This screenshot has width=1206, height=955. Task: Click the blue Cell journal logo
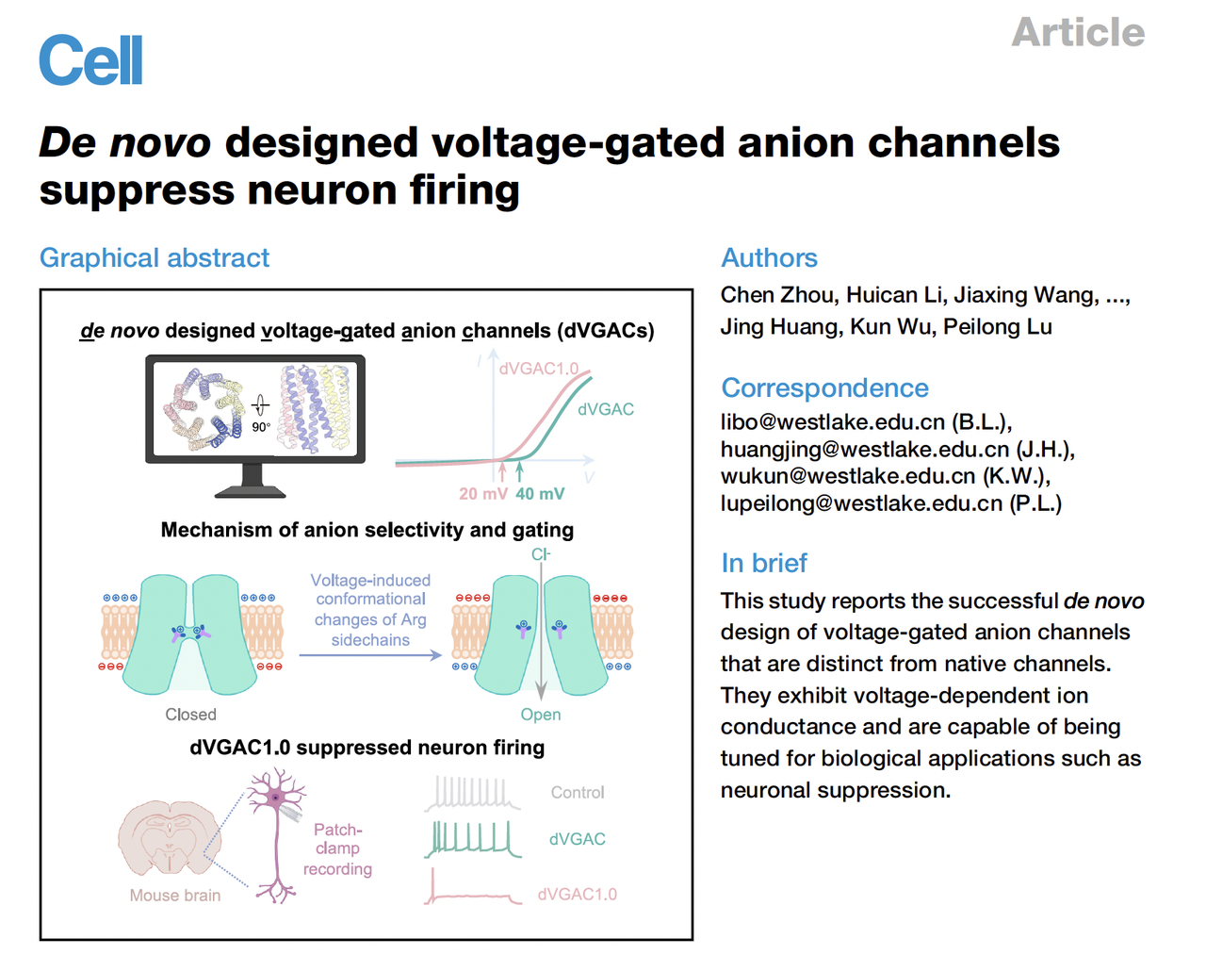pyautogui.click(x=90, y=60)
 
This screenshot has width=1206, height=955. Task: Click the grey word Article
pyautogui.click(x=1078, y=33)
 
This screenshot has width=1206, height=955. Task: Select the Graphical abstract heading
pyautogui.click(x=155, y=257)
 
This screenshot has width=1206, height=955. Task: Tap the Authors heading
pyautogui.click(x=769, y=257)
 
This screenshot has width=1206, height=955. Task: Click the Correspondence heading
pyautogui.click(x=824, y=387)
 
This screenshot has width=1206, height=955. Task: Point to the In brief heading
pyautogui.click(x=764, y=563)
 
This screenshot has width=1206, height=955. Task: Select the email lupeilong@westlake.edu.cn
pyautogui.click(x=861, y=503)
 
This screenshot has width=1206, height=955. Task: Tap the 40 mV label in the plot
pyautogui.click(x=540, y=494)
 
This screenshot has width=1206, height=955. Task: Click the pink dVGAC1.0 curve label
pyautogui.click(x=538, y=369)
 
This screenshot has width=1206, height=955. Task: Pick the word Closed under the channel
pyautogui.click(x=190, y=715)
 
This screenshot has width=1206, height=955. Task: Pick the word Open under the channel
pyautogui.click(x=541, y=715)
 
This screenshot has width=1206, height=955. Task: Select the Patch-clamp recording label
pyautogui.click(x=337, y=849)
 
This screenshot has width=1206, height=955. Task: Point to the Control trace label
pyautogui.click(x=578, y=793)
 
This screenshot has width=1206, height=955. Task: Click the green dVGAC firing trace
pyautogui.click(x=473, y=838)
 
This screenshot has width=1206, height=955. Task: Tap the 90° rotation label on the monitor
pyautogui.click(x=261, y=427)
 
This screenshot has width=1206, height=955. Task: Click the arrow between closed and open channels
pyautogui.click(x=370, y=655)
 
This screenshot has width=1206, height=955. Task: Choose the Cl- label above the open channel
pyautogui.click(x=541, y=554)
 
